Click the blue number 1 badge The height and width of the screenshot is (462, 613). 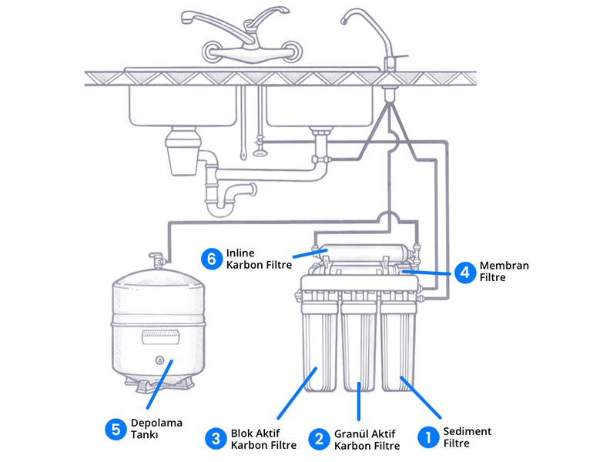427,437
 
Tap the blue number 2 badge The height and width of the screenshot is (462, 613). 317,439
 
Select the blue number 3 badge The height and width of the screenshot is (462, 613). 214,439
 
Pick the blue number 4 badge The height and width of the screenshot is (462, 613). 463,272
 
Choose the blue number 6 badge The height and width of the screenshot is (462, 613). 211,259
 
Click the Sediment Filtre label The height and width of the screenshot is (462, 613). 467,437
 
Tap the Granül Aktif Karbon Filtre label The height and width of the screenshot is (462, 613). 367,440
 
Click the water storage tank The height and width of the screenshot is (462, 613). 160,323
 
